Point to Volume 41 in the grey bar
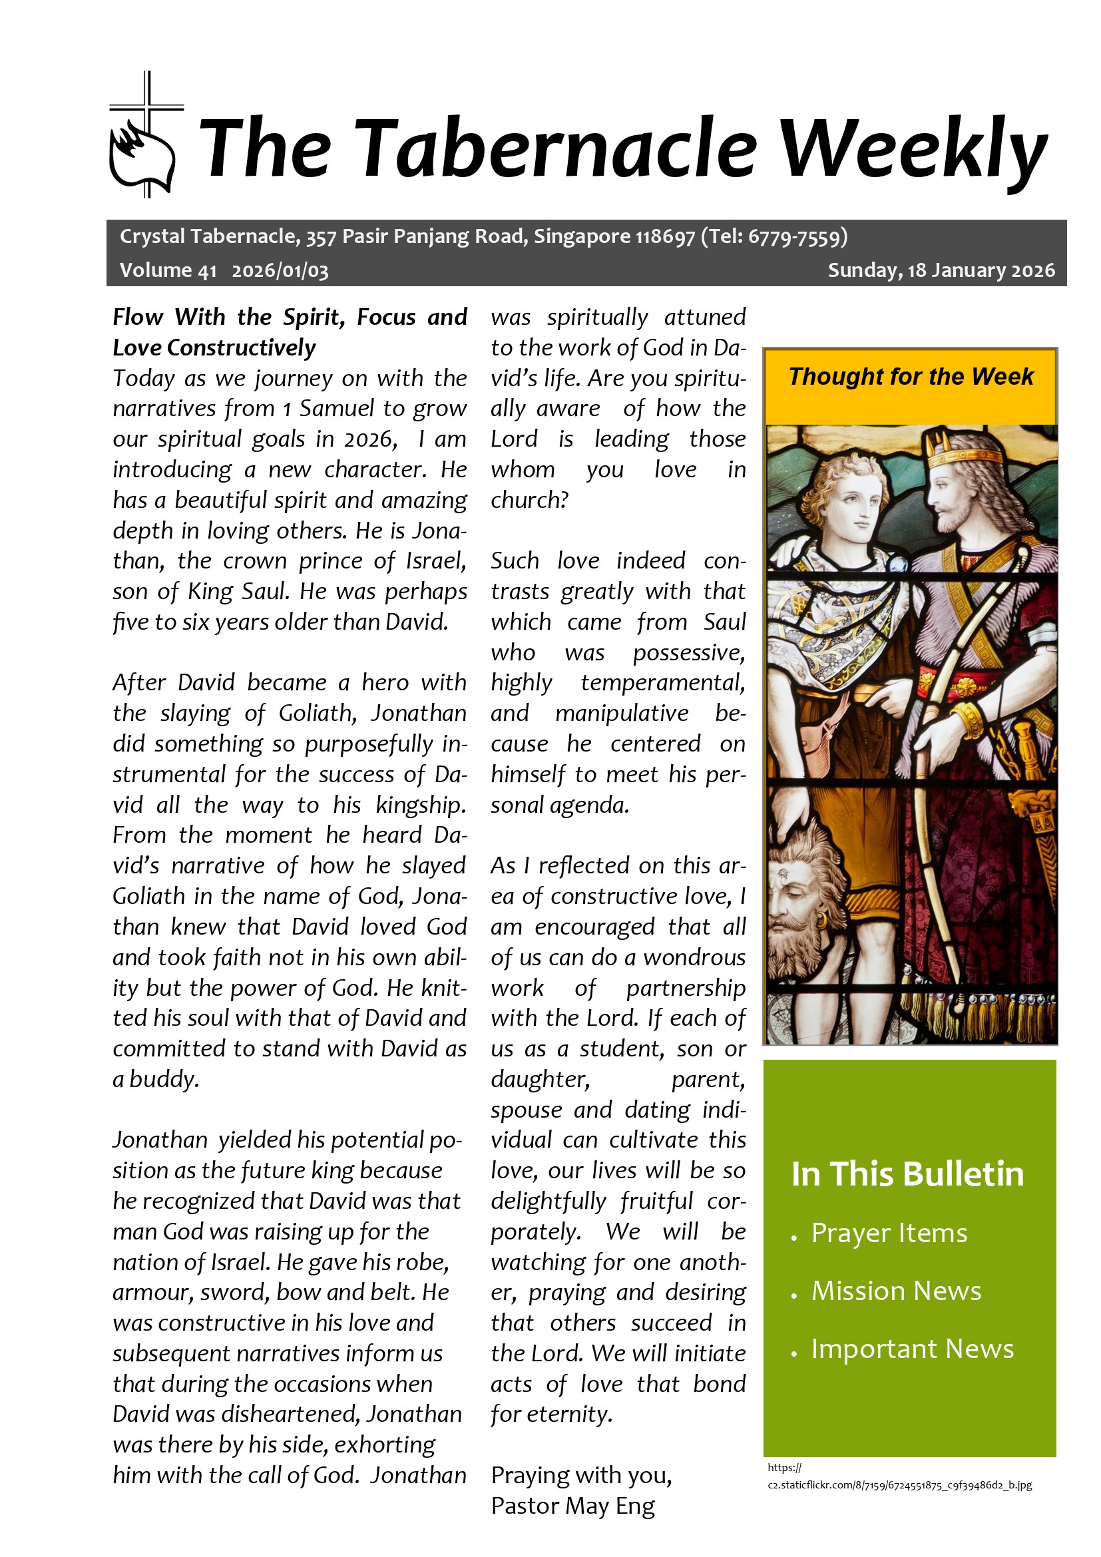[168, 270]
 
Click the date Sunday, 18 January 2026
[941, 270]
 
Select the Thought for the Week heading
[911, 376]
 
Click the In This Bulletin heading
[907, 1174]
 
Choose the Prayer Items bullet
[889, 1233]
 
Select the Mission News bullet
[896, 1291]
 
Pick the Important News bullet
[913, 1349]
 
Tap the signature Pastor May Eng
[573, 1506]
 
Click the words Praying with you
[581, 1475]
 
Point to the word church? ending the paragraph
[529, 501]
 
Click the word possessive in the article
[689, 652]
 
